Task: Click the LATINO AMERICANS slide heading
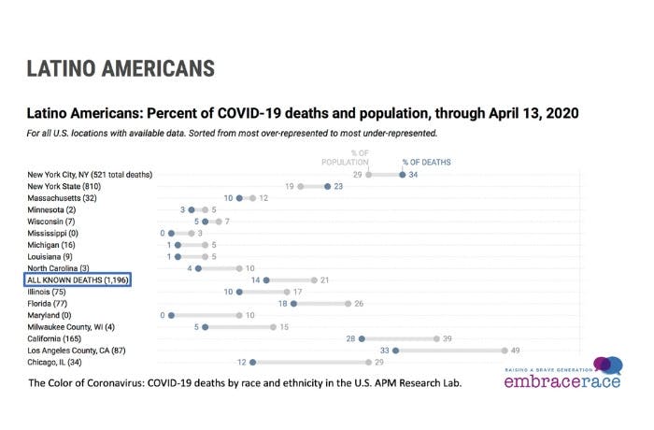(121, 68)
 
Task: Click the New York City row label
(90, 174)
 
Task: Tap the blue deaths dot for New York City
(402, 174)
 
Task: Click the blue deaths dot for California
(362, 339)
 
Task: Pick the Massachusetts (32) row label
(66, 198)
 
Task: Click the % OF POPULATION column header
(359, 157)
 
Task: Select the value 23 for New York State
(340, 186)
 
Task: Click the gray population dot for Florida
(348, 303)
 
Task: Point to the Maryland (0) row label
(55, 314)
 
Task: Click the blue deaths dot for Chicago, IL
(252, 362)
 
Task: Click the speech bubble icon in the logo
(604, 366)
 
